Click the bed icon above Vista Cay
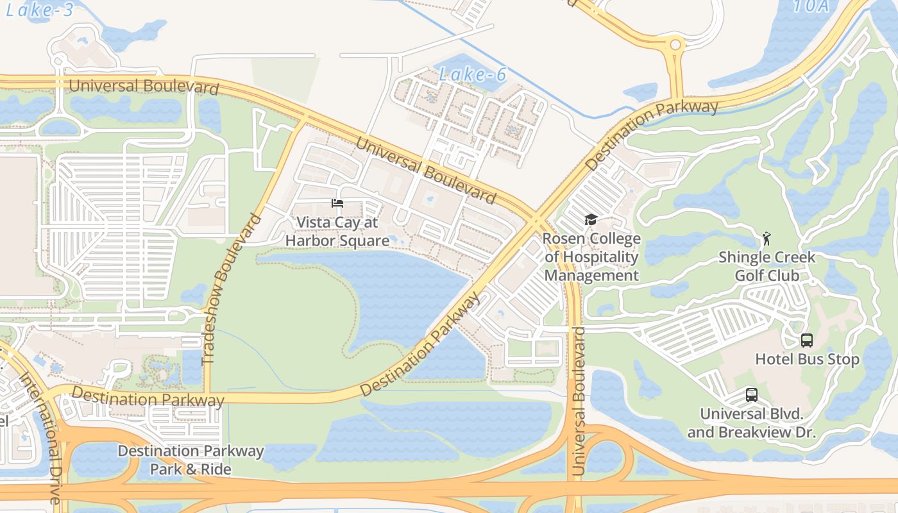coord(337,203)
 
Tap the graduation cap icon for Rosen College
coord(591,220)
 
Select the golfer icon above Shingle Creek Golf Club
coord(766,239)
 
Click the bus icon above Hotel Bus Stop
coord(807,341)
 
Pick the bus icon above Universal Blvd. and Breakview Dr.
coord(751,395)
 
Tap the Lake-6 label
coord(473,75)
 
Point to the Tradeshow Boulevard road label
coord(232,290)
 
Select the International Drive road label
coord(40,436)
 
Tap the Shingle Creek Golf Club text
coord(767,266)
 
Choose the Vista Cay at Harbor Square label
coord(337,231)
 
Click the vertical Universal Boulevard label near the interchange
coord(579,401)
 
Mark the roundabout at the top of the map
coord(675,45)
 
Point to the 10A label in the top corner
coord(812,6)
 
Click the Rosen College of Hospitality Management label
coord(591,257)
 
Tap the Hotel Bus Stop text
coord(807,359)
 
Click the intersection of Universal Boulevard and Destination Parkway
coord(537,221)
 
